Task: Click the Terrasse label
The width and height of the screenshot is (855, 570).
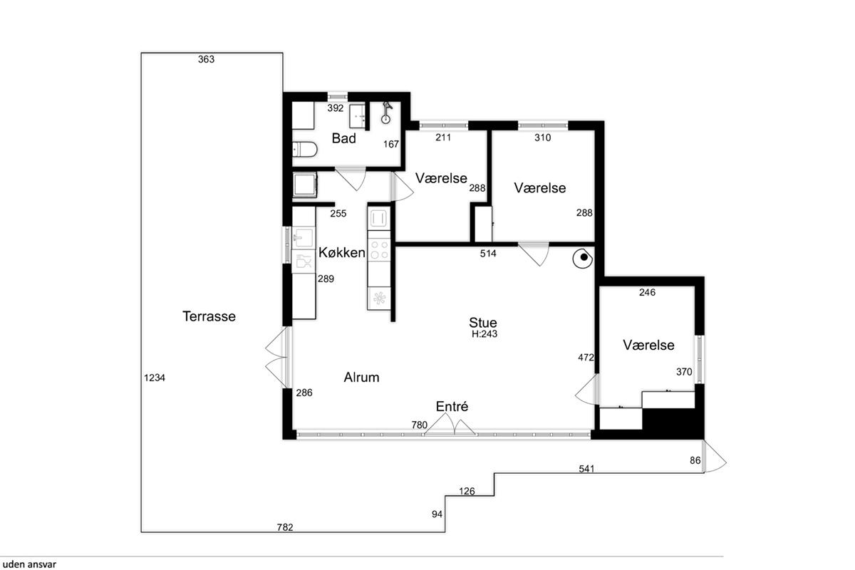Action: point(209,316)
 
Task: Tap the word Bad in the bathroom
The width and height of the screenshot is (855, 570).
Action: point(343,138)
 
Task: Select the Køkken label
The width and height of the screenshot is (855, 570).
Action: point(341,252)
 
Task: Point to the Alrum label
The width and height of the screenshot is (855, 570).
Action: point(361,377)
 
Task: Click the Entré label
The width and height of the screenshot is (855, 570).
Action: point(452,406)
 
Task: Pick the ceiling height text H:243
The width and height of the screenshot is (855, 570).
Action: point(484,334)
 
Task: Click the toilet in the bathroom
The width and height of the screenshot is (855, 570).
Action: point(305,150)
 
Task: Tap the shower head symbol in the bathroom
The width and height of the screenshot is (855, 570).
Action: point(387,113)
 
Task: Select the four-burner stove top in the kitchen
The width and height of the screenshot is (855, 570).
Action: point(379,249)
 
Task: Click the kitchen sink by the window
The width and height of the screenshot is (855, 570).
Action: point(304,238)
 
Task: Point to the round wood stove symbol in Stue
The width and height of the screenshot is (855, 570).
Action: point(583,259)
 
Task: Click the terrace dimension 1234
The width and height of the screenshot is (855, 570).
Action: point(155,378)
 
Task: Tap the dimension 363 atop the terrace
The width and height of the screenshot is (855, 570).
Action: point(206,59)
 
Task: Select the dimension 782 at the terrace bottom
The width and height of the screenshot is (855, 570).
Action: point(285,527)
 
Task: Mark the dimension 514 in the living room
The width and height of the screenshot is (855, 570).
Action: point(488,253)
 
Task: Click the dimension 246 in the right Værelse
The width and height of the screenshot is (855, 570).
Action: point(648,292)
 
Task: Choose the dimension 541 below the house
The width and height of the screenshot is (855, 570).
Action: point(586,469)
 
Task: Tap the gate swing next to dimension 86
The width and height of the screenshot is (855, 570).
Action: point(715,457)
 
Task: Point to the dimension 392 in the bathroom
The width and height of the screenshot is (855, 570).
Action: point(336,108)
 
